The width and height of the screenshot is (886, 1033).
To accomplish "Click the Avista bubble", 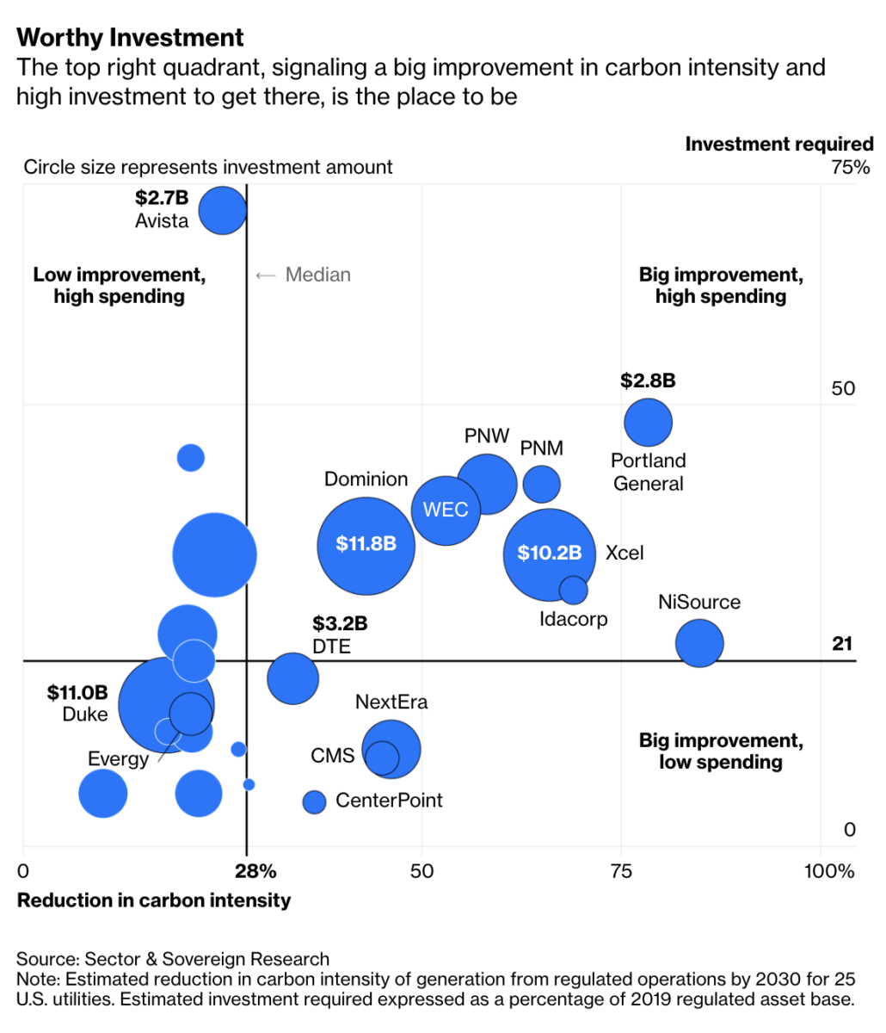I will pyautogui.click(x=223, y=210).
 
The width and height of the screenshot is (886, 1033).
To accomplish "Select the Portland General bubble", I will pyautogui.click(x=648, y=423).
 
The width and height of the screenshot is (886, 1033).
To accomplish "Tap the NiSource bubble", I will pyautogui.click(x=698, y=643).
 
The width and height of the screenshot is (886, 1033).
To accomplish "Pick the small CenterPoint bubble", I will pyautogui.click(x=315, y=801).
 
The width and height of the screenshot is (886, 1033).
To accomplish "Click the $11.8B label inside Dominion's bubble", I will pyautogui.click(x=366, y=544).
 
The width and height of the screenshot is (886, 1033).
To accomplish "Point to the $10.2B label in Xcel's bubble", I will pyautogui.click(x=549, y=554).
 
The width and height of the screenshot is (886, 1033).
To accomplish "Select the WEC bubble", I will pyautogui.click(x=446, y=510).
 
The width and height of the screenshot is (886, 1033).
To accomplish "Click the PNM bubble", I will pyautogui.click(x=541, y=484).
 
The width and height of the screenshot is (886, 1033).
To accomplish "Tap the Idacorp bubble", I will pyautogui.click(x=573, y=590).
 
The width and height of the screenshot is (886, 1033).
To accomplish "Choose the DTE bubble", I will pyautogui.click(x=292, y=678).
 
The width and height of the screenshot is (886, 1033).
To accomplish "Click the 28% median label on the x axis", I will pyautogui.click(x=256, y=871).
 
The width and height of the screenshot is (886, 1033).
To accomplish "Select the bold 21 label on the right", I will pyautogui.click(x=843, y=644).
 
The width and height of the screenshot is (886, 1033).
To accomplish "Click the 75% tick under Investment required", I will pyautogui.click(x=851, y=167).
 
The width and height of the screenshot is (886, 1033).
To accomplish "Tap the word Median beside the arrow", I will pyautogui.click(x=318, y=275).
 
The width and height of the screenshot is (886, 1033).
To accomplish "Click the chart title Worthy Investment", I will pyautogui.click(x=130, y=38).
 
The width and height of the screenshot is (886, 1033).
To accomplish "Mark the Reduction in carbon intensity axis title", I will pyautogui.click(x=154, y=900).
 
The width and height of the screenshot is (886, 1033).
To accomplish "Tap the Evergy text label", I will pyautogui.click(x=118, y=759).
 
